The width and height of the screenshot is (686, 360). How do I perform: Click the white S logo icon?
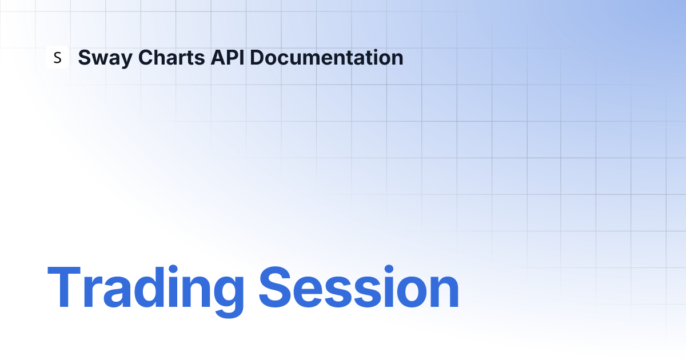(x=57, y=57)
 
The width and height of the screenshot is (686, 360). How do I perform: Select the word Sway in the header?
(x=105, y=58)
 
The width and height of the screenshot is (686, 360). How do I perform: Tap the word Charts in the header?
(x=171, y=57)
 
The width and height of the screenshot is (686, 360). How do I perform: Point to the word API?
(x=228, y=57)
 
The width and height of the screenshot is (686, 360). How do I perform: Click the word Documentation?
(x=326, y=57)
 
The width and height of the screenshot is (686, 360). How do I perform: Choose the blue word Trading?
(x=146, y=291)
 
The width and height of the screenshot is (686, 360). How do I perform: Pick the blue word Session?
(x=359, y=287)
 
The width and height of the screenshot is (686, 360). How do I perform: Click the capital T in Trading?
(x=64, y=286)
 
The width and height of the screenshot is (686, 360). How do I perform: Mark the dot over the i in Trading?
(x=173, y=269)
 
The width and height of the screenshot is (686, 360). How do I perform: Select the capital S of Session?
(x=275, y=287)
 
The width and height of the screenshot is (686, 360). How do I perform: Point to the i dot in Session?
(x=389, y=269)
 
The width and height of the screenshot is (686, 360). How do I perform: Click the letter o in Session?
(x=412, y=292)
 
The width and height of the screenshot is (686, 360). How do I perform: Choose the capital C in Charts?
(x=146, y=57)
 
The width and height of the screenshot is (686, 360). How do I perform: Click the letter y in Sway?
(x=125, y=61)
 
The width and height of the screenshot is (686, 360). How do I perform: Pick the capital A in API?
(x=218, y=57)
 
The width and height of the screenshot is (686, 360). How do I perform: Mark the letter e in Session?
(x=307, y=292)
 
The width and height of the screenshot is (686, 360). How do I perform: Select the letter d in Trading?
(x=149, y=287)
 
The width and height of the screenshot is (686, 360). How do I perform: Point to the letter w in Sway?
(x=97, y=59)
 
